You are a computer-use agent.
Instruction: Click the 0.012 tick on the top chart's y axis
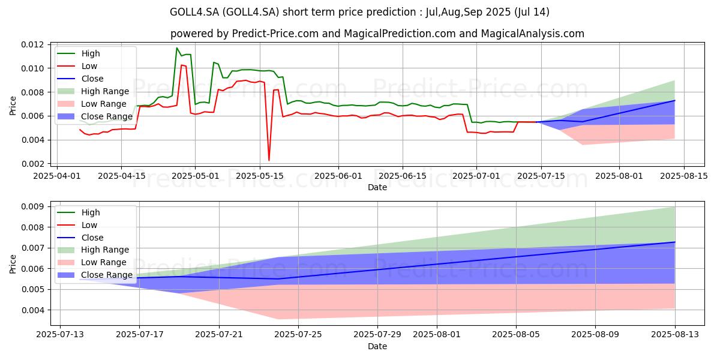click(x=32, y=44)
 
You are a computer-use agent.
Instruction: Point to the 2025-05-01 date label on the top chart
click(x=195, y=176)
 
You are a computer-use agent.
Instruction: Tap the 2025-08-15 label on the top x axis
click(x=683, y=176)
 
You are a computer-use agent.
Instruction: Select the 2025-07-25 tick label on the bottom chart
click(x=298, y=334)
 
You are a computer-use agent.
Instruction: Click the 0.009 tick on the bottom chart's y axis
click(x=32, y=206)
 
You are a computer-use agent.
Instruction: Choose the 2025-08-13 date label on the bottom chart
click(x=674, y=334)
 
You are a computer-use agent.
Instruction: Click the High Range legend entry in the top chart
click(x=93, y=91)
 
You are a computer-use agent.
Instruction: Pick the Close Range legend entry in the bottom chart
click(x=95, y=275)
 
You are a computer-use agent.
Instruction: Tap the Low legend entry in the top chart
click(x=77, y=66)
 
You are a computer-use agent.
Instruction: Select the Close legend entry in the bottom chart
click(x=80, y=238)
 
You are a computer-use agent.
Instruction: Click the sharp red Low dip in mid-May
click(x=269, y=160)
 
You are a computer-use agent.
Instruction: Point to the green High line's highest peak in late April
click(x=176, y=48)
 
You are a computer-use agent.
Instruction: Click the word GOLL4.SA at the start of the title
click(x=194, y=12)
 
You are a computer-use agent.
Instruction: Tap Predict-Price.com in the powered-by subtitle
click(x=275, y=34)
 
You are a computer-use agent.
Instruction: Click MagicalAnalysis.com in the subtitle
click(x=533, y=34)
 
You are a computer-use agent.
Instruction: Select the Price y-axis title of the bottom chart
click(x=13, y=264)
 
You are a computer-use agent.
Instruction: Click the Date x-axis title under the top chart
click(x=377, y=187)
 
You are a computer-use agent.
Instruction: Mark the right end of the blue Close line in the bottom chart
click(x=674, y=242)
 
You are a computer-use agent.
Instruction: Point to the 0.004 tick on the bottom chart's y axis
click(x=32, y=310)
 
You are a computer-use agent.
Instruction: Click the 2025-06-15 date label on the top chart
click(x=403, y=176)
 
